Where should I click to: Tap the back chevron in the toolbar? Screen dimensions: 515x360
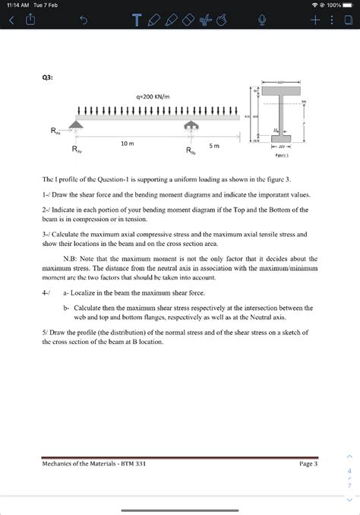coord(11,21)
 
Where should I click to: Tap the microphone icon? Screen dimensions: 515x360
coord(264,21)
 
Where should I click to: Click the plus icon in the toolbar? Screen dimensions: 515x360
coord(313,21)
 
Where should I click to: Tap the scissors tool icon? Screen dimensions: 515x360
coord(204,21)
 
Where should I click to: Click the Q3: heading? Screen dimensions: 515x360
coord(48,76)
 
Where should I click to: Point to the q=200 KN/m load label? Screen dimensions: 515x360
coord(153,97)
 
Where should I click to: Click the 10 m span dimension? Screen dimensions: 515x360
coord(127,143)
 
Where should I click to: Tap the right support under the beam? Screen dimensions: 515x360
coord(193,125)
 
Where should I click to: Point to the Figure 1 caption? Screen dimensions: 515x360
coord(282,155)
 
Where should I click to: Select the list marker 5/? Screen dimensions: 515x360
coord(46,332)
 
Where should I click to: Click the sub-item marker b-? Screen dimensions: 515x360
coord(67,308)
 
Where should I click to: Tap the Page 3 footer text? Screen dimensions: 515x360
coord(308,463)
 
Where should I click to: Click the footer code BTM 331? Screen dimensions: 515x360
coord(133,463)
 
